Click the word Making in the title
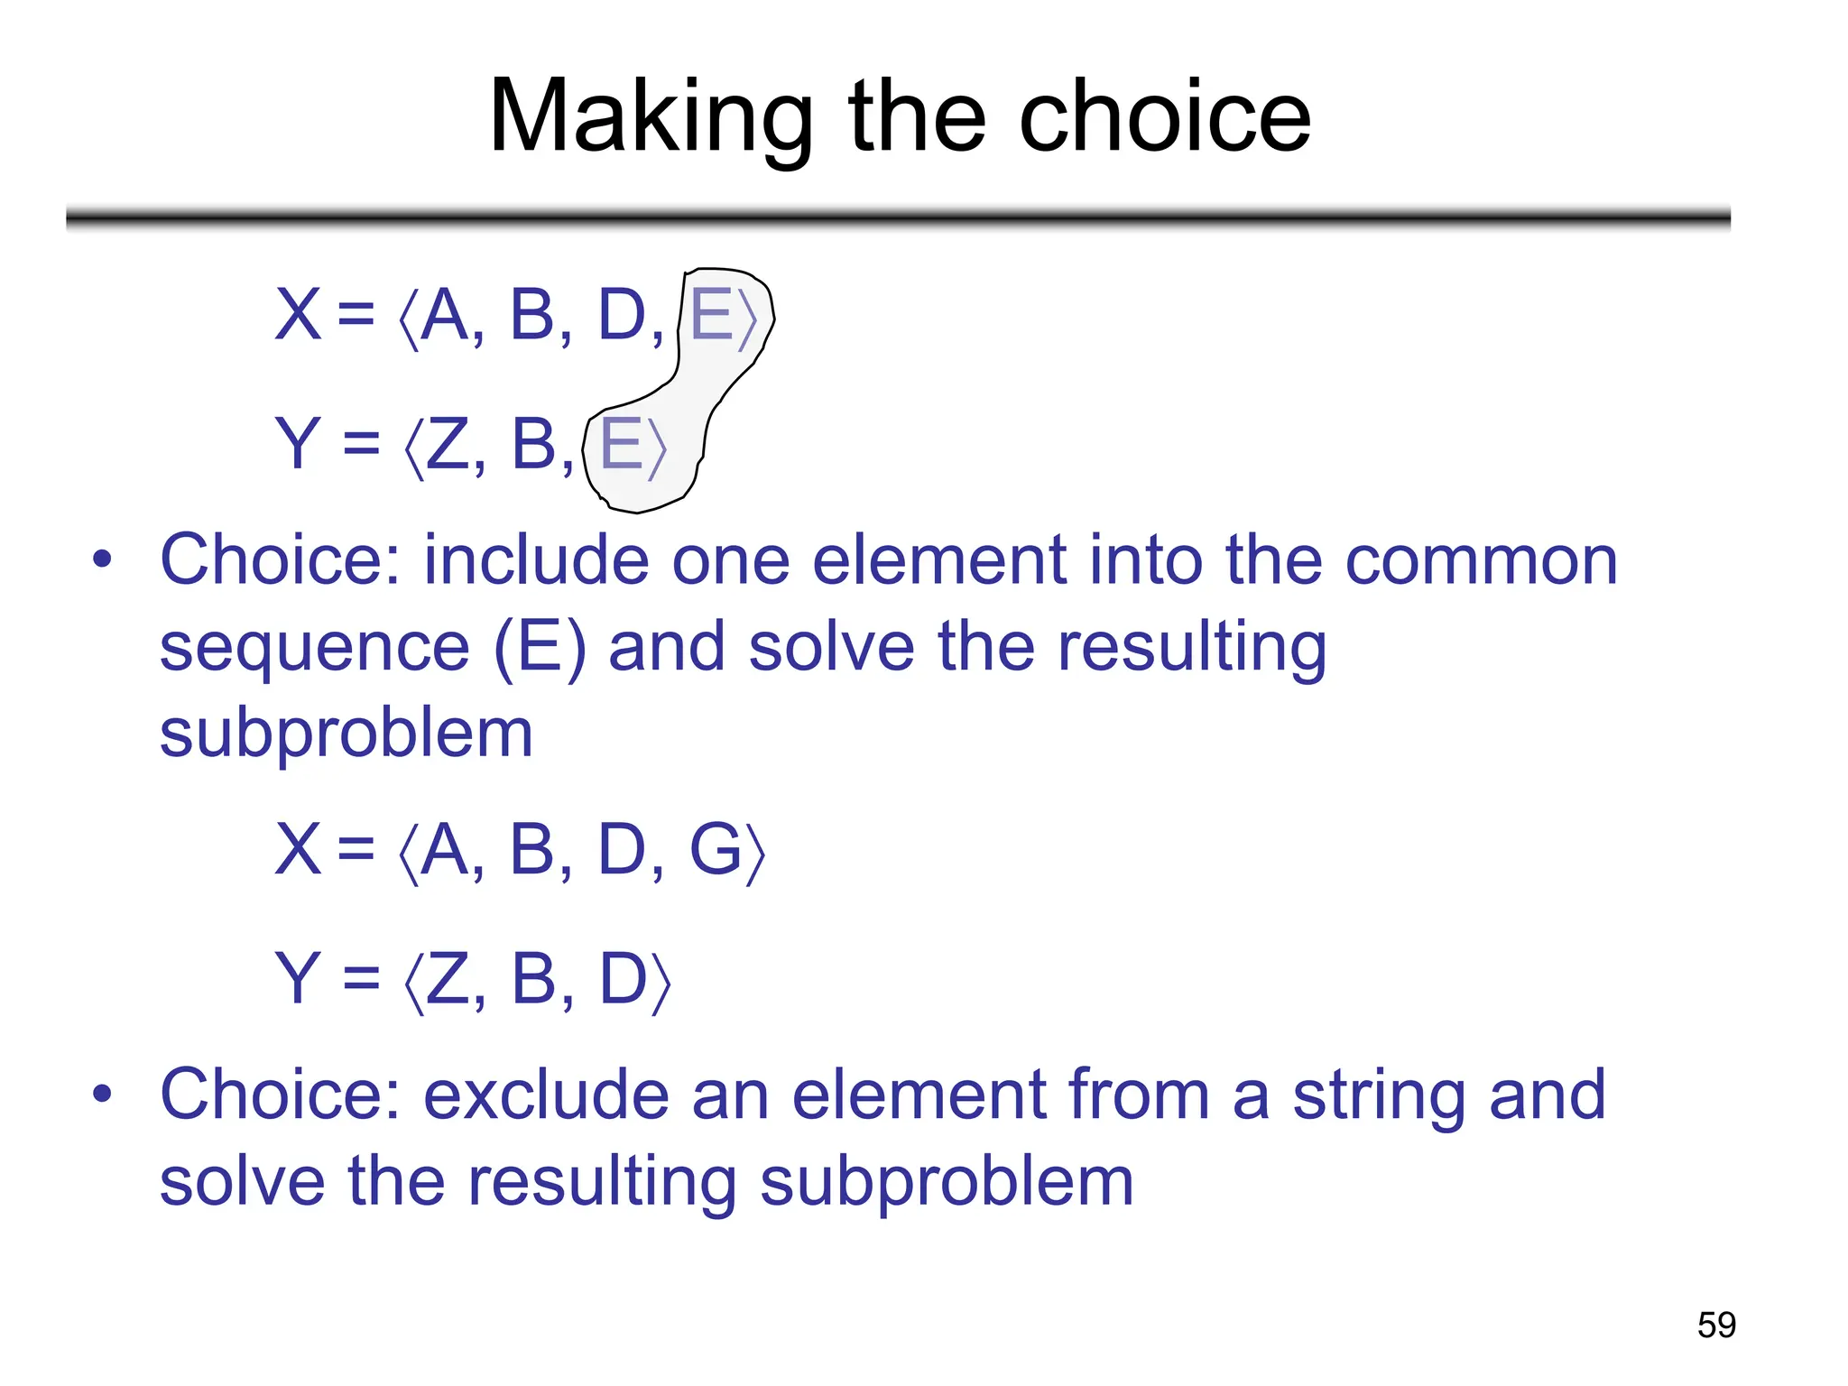tap(650, 117)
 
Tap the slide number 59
tap(1716, 1325)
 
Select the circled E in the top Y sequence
tap(621, 445)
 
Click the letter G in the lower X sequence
tap(716, 850)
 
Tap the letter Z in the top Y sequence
tap(448, 445)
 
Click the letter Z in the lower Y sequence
tap(448, 979)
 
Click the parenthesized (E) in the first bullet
tap(539, 647)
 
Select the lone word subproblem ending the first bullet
tap(346, 734)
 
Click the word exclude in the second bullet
tap(547, 1095)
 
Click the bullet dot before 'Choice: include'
tap(102, 559)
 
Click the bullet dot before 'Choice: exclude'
tap(102, 1094)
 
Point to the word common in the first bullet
tap(1481, 560)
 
